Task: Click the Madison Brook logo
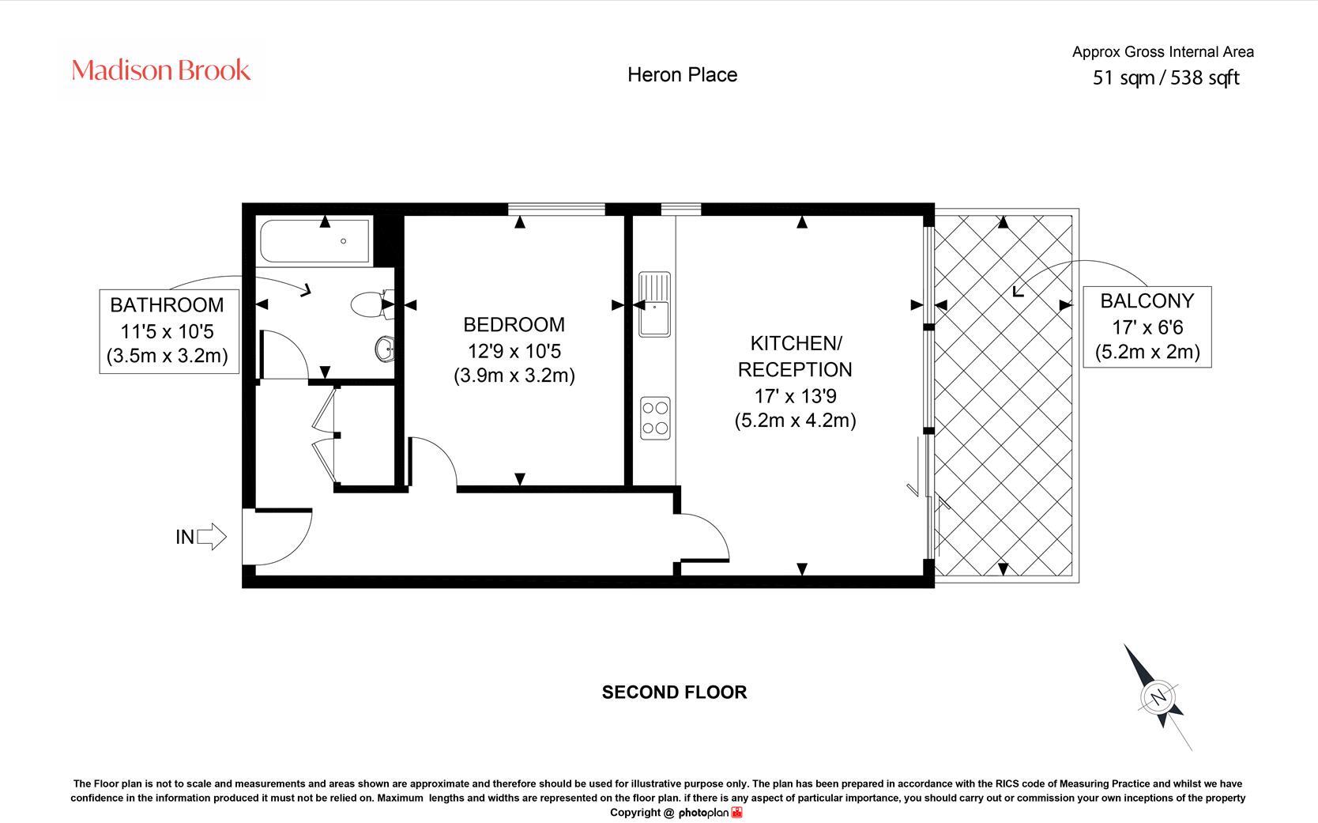[161, 70]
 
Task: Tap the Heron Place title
[682, 75]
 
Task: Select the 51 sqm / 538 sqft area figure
[1165, 77]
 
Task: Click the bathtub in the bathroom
[314, 241]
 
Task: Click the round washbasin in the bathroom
[385, 349]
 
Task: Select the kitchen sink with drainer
[655, 304]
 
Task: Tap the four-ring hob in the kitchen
[655, 418]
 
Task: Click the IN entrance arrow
[212, 536]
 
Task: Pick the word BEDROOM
[514, 324]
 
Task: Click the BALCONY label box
[1147, 327]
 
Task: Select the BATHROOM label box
[169, 330]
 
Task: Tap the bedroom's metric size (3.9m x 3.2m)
[514, 376]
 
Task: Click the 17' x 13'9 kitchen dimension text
[795, 396]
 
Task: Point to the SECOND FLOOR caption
[674, 693]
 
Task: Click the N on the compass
[1158, 697]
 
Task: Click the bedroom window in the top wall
[556, 209]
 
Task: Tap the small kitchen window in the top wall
[681, 209]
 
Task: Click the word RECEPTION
[795, 370]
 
